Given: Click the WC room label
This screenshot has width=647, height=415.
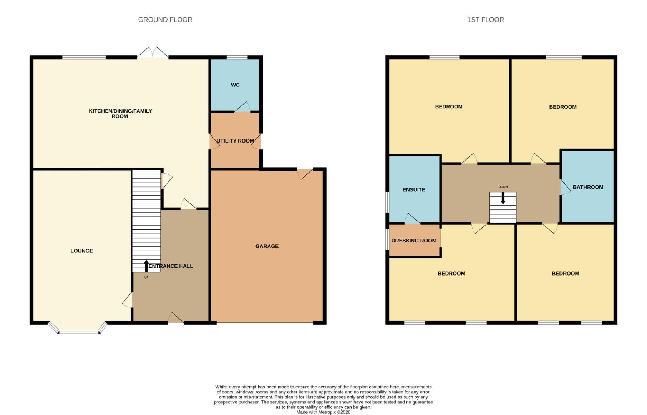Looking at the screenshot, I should pos(235,85).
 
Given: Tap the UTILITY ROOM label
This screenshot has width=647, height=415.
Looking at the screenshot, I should pos(235,141).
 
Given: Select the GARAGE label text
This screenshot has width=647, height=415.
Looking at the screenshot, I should pos(267,246).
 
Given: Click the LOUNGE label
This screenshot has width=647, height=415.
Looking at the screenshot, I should pos(81,251).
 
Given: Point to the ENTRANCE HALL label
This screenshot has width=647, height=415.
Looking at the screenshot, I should pos(171,266).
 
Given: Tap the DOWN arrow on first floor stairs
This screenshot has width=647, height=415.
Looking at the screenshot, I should pos(503,198).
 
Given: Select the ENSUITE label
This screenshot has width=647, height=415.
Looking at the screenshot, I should pos(414,189).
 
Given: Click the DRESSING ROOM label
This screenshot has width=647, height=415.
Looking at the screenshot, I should pos(414,241).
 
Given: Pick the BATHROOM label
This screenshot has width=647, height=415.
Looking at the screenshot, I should pos(588,187).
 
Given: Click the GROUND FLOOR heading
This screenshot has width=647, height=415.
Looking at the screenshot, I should pos(165,20).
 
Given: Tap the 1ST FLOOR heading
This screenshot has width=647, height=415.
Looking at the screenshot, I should pos(486,20).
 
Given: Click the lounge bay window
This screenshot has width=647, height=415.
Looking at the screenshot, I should pos(78,329).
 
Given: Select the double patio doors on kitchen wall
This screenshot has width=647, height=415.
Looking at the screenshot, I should pos(153,53).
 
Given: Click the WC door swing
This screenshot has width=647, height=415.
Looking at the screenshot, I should pos(242,108).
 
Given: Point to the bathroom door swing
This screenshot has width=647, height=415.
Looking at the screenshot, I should pos(565,187).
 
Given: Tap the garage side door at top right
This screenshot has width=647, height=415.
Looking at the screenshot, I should pos(305,174).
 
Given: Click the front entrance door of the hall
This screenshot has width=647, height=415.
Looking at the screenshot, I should pos(176,318).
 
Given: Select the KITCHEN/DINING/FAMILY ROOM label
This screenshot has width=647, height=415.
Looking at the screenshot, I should pos(120,113).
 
